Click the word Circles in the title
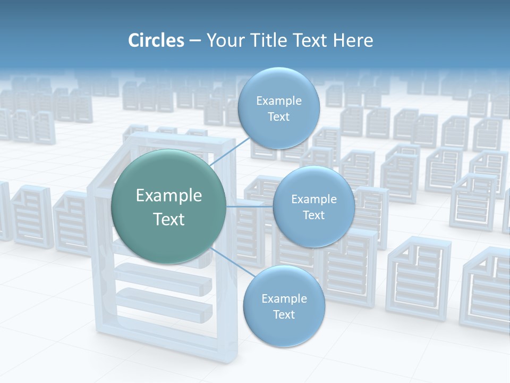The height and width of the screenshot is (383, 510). coord(156,40)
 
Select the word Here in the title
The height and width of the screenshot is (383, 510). coord(353,40)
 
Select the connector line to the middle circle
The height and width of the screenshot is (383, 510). coord(249,206)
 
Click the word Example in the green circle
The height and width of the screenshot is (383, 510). coord(169,196)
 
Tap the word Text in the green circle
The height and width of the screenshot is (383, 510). coord(169,219)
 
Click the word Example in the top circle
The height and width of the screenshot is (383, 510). coord(279,101)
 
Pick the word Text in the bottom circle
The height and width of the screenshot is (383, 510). coord(284,314)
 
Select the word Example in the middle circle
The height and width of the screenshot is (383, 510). coord(314,199)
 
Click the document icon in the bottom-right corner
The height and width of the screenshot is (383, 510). coord(486,290)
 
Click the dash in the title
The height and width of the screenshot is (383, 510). coord(194,41)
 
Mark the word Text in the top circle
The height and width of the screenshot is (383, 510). coord(279,116)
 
